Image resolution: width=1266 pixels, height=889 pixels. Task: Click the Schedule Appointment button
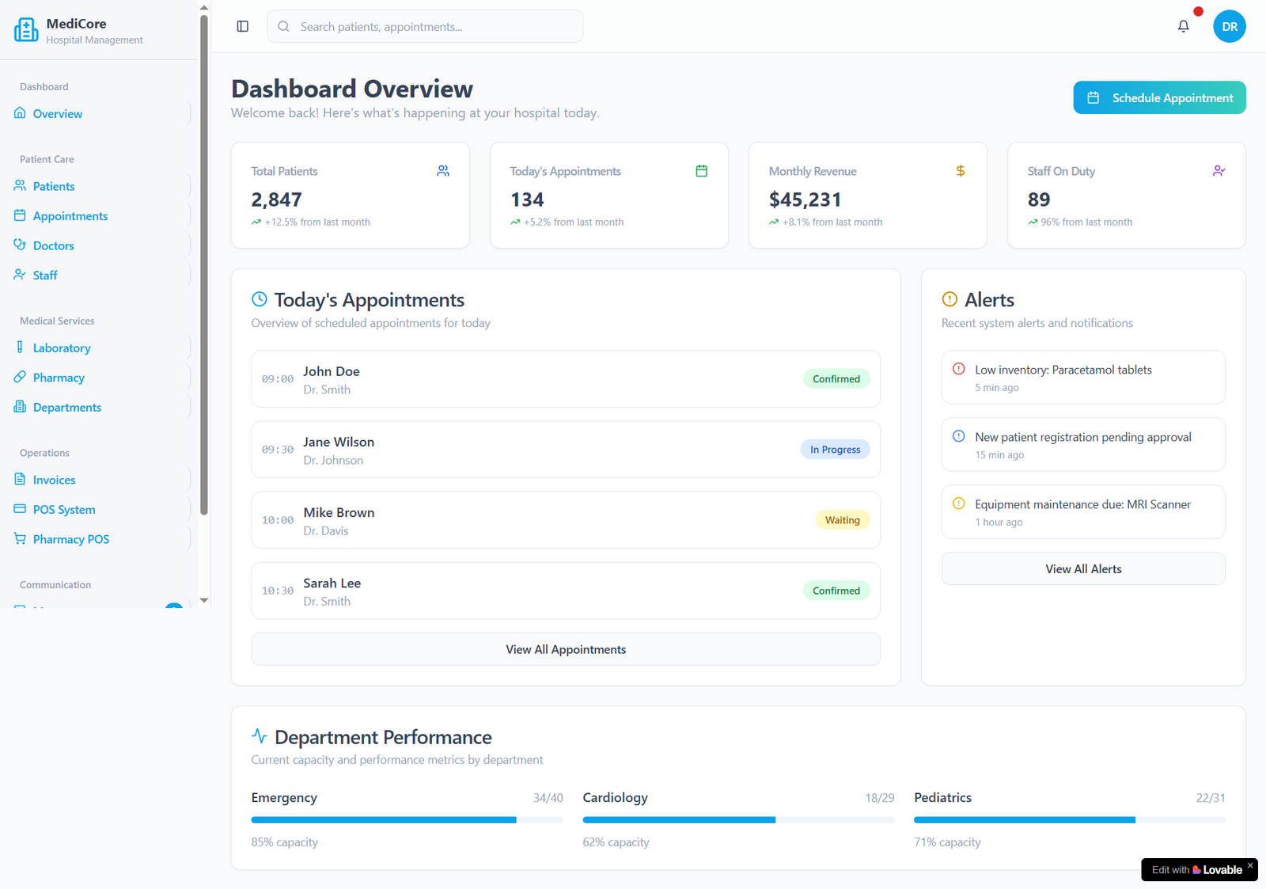1159,97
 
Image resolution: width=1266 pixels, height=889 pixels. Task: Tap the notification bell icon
1183,26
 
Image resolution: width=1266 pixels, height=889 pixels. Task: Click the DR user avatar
1229,26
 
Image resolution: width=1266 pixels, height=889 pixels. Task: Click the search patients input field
425,26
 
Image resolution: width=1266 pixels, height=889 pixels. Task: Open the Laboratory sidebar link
62,348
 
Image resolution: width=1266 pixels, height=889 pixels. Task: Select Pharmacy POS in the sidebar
70,539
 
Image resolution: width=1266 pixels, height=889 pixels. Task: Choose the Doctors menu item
53,245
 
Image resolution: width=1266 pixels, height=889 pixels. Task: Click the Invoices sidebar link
54,480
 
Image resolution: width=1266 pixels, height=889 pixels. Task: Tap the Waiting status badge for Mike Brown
842,520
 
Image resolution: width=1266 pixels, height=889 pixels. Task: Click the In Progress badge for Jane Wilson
835,450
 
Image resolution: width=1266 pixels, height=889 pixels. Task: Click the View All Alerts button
1083,568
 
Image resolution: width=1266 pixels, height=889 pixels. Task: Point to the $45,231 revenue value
805,199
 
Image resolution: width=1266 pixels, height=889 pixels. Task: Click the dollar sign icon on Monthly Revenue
960,171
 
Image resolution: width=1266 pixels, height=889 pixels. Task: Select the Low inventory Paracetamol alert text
1063,370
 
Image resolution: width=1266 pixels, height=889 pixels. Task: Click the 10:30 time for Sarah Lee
278,591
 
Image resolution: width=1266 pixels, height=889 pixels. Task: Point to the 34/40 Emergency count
548,798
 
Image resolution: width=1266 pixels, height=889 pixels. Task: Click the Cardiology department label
615,797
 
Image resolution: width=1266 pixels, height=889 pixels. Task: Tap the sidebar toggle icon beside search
243,26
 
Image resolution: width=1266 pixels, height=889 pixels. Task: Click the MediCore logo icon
26,30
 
